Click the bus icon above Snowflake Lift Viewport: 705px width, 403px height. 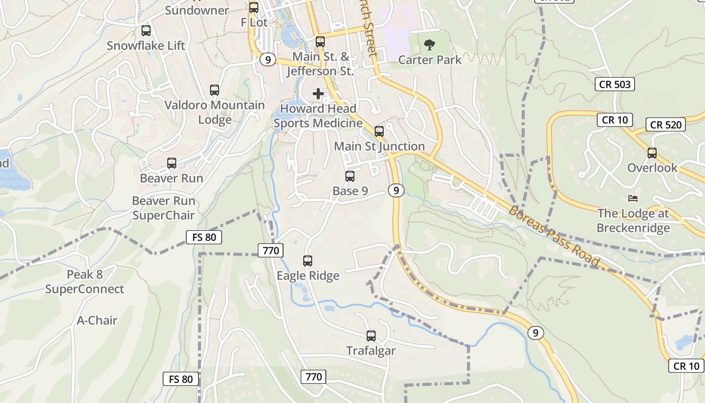click(x=146, y=31)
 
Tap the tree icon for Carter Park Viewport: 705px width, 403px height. click(x=430, y=45)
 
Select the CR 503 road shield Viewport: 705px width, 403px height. click(x=615, y=84)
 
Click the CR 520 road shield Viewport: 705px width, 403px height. click(x=666, y=124)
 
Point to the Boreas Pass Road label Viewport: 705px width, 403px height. click(x=554, y=235)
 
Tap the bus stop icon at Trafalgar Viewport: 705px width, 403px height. click(x=371, y=335)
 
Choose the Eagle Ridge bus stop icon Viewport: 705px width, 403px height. click(x=308, y=261)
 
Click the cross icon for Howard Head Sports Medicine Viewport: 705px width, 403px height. click(x=318, y=94)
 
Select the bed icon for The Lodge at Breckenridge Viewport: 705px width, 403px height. click(x=633, y=198)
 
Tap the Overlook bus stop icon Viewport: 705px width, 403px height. click(x=652, y=153)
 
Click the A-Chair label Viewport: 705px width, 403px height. click(x=97, y=320)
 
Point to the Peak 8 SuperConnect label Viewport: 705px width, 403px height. click(x=85, y=282)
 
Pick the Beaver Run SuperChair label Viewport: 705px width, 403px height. click(x=164, y=208)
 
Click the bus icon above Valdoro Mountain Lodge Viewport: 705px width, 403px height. click(x=215, y=90)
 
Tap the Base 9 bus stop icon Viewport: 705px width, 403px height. click(x=350, y=176)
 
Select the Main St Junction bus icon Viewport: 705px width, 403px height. click(x=379, y=131)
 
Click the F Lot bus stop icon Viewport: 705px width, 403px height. click(x=254, y=8)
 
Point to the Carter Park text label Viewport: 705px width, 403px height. click(x=430, y=60)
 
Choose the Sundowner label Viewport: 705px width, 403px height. click(x=197, y=10)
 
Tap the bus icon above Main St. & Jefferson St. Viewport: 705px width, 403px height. click(x=320, y=42)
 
